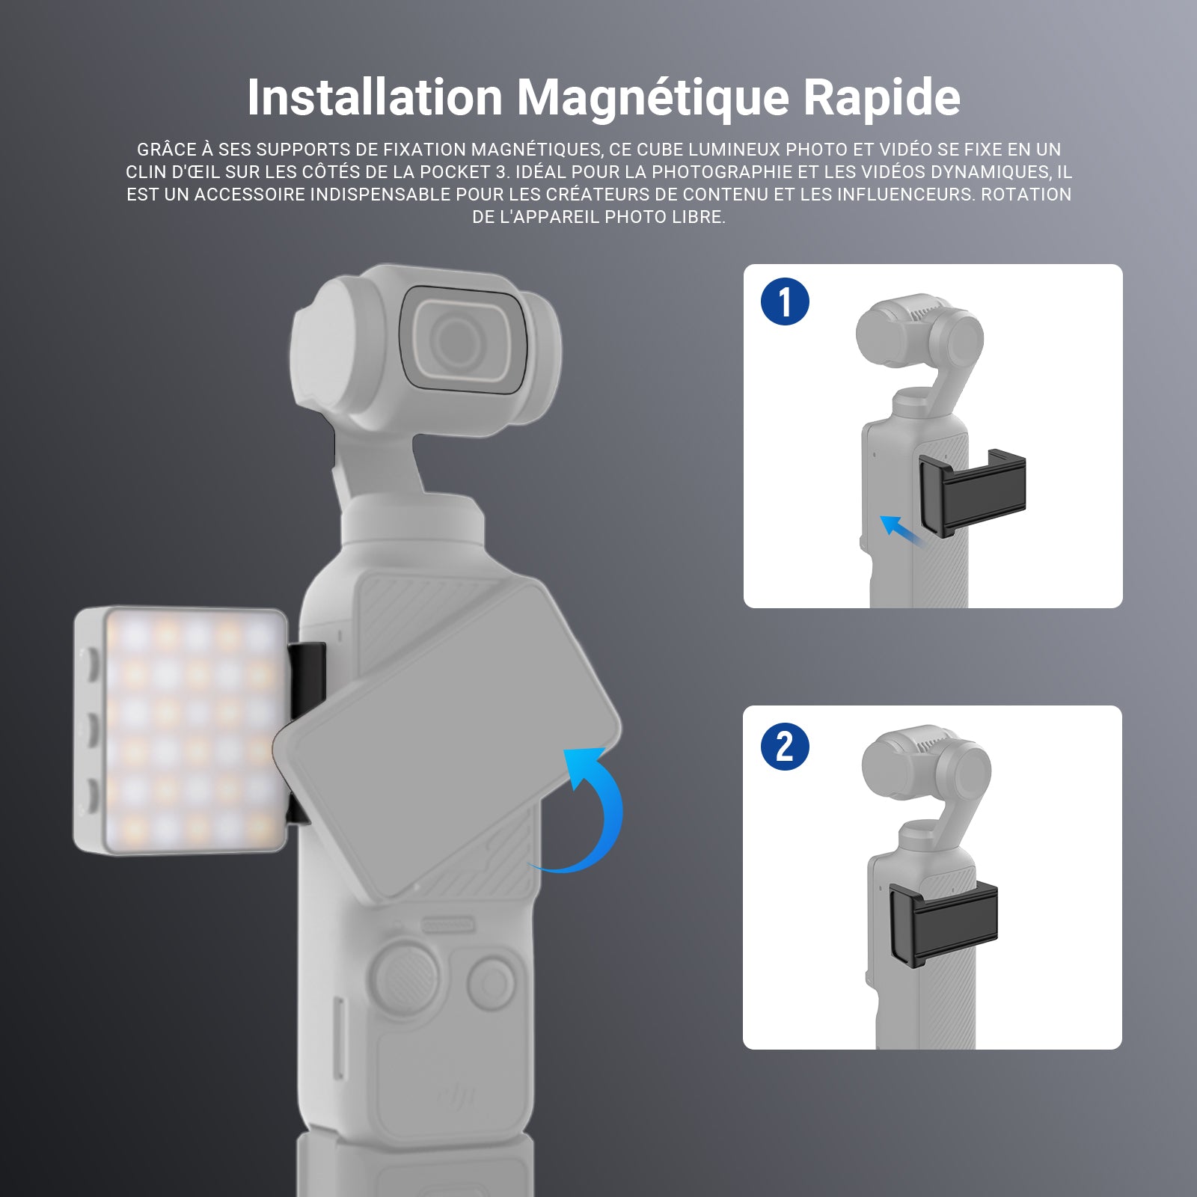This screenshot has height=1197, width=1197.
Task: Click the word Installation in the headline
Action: coord(375,97)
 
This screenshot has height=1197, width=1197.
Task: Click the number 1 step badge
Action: coord(785,302)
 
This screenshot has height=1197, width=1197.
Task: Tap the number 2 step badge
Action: coord(785,746)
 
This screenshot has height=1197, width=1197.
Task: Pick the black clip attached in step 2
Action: coord(943,922)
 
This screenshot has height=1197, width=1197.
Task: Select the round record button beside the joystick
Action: coord(491,979)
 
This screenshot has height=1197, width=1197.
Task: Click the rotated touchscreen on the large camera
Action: coord(447,741)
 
